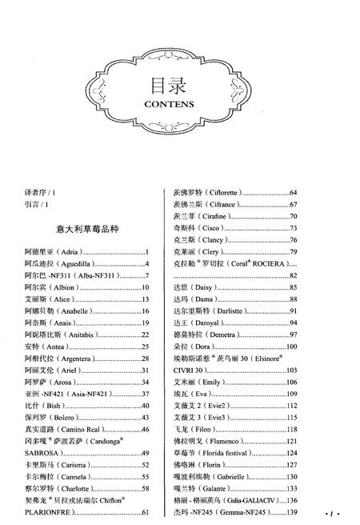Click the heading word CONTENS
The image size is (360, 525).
click(181, 104)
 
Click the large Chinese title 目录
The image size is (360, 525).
click(181, 84)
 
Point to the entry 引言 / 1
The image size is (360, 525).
click(37, 206)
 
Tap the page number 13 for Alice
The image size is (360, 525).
click(146, 299)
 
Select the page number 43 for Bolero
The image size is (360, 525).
click(146, 418)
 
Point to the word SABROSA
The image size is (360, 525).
click(43, 453)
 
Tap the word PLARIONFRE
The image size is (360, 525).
click(49, 512)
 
